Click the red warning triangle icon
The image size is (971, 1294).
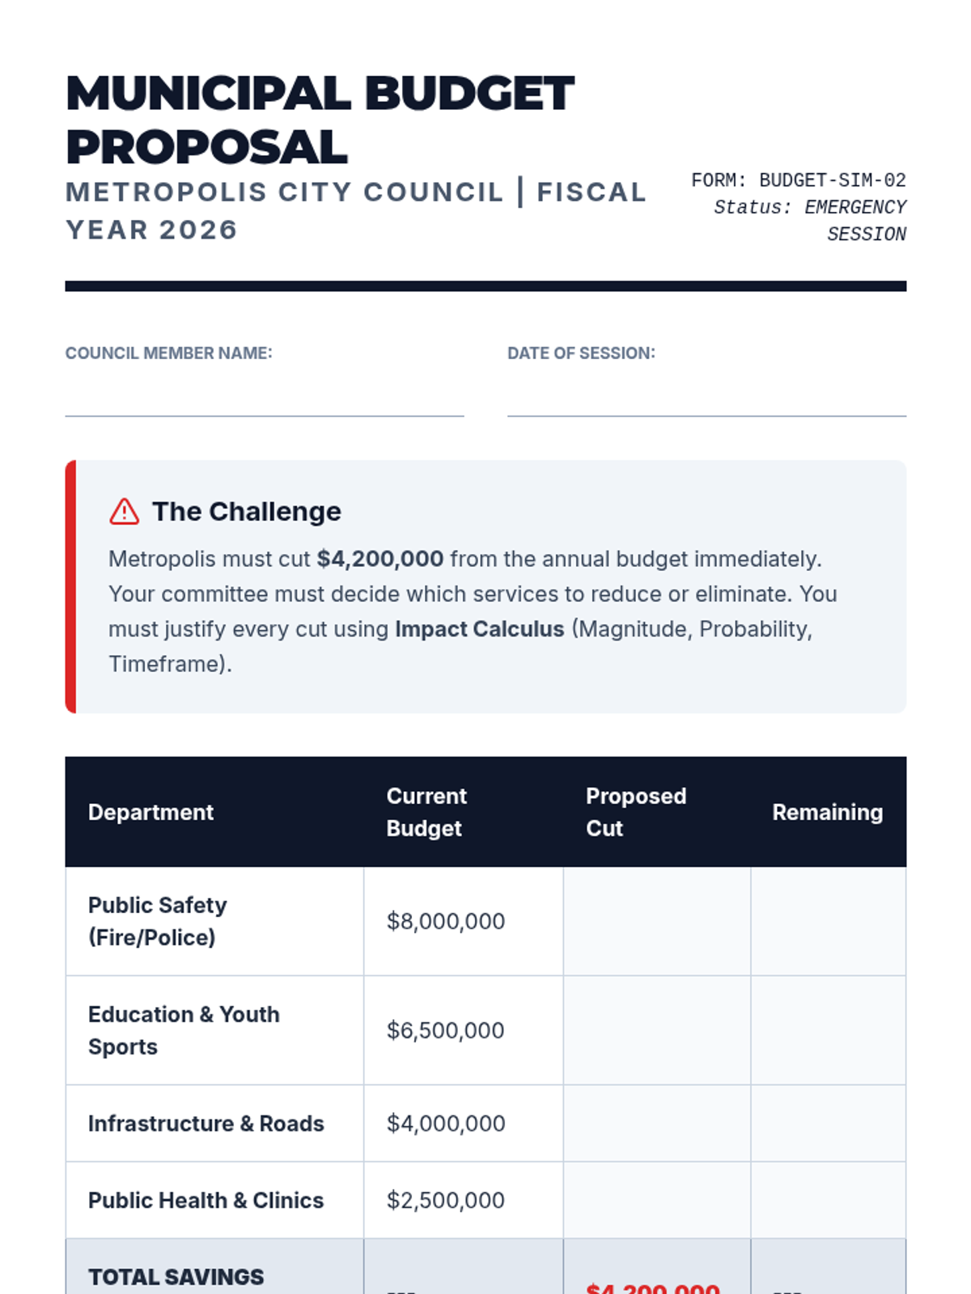[124, 512]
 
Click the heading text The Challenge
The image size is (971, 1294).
[247, 512]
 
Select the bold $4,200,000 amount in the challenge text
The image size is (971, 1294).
[379, 559]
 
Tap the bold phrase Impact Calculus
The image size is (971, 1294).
[479, 629]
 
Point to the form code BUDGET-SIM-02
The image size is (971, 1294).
[832, 180]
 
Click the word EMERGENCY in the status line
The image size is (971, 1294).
[854, 208]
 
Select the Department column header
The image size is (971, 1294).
[151, 812]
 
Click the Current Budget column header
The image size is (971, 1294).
[426, 812]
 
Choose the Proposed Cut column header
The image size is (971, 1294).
[635, 812]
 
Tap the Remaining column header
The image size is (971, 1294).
[827, 812]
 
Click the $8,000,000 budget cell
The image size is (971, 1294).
[446, 921]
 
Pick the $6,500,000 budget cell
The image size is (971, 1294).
[445, 1030]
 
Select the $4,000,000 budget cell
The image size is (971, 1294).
[446, 1123]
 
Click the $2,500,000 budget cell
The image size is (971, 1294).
[445, 1200]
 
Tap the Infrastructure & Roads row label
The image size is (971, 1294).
[206, 1123]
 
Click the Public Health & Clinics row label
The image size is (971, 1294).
[206, 1200]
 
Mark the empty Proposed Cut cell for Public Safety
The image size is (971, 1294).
[656, 921]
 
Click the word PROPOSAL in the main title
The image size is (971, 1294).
[206, 147]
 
